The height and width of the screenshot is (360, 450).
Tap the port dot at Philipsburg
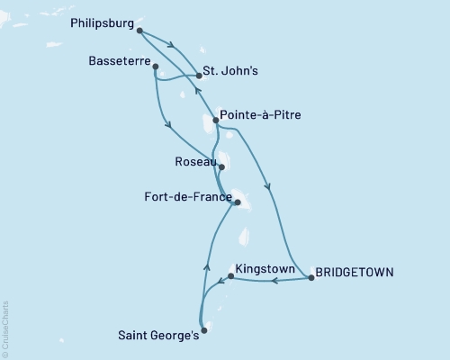pos(140,31)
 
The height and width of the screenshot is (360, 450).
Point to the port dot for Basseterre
pos(156,66)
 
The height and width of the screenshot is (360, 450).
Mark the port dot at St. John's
pos(199,76)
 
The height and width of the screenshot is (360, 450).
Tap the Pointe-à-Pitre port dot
pos(215,120)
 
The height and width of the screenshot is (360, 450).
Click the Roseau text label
pos(195,162)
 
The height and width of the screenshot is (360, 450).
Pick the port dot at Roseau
pos(221,166)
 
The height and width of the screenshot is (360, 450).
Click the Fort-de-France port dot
pos(237,203)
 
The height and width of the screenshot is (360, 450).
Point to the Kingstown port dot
pos(231,277)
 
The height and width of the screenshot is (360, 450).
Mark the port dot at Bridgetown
pos(311,278)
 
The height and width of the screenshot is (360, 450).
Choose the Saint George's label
pos(158,336)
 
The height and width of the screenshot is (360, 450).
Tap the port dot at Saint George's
pos(204,330)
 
